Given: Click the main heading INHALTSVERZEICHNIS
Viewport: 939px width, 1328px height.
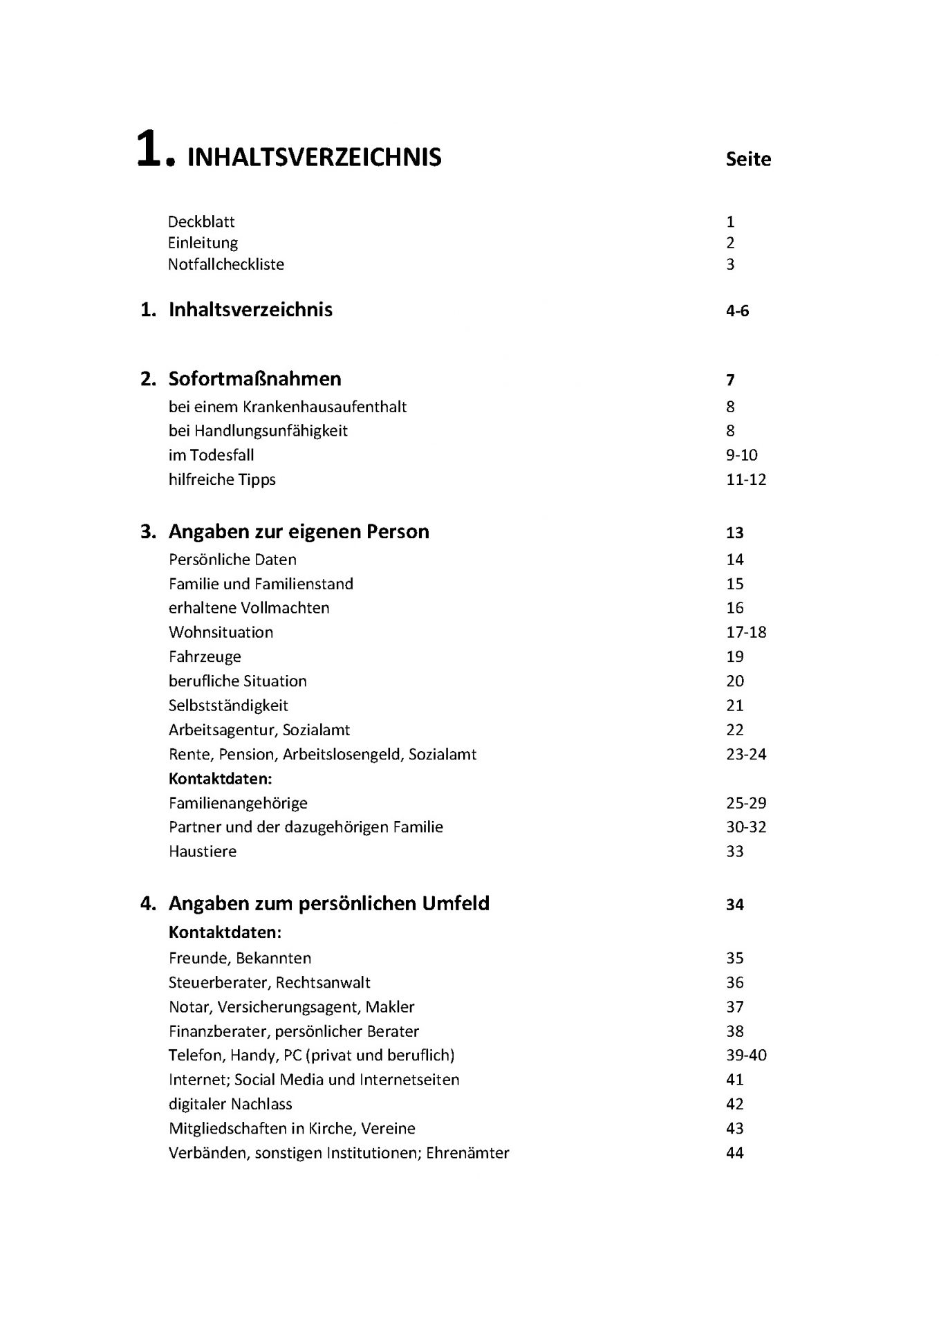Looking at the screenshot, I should tap(314, 158).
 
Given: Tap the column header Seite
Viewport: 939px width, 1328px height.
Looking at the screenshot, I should tap(748, 159).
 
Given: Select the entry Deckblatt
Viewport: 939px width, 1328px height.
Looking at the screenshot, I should tap(201, 222).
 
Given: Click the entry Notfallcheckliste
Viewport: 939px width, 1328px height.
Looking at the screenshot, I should tap(226, 264).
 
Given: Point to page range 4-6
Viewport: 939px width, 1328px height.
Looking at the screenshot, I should tap(737, 311).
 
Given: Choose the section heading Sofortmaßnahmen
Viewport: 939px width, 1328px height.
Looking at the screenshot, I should tap(254, 379).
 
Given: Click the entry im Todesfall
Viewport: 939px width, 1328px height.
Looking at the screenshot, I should tap(211, 455).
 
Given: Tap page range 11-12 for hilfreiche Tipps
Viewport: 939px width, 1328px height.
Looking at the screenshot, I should tap(746, 479).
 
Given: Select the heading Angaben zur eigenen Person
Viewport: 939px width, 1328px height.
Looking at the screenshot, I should tap(299, 532).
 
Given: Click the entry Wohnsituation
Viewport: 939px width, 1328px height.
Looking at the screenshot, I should tap(221, 632).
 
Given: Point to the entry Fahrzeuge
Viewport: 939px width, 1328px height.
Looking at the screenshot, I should tap(205, 656).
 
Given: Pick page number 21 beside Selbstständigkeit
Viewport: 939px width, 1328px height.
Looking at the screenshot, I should tap(735, 705).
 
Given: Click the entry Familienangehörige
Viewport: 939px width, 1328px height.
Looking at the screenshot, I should tap(238, 803).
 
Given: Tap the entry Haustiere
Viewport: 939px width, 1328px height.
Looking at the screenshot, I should tap(203, 851).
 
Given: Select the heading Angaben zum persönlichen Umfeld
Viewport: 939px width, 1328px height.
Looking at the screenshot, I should tap(328, 903).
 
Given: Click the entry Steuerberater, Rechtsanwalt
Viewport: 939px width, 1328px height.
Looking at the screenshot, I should tap(269, 983).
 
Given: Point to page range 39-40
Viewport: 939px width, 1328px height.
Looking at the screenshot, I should tap(746, 1055).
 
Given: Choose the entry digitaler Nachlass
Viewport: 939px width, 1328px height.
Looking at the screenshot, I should tap(230, 1104).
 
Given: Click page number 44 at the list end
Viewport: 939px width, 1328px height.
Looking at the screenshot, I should tap(735, 1153).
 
